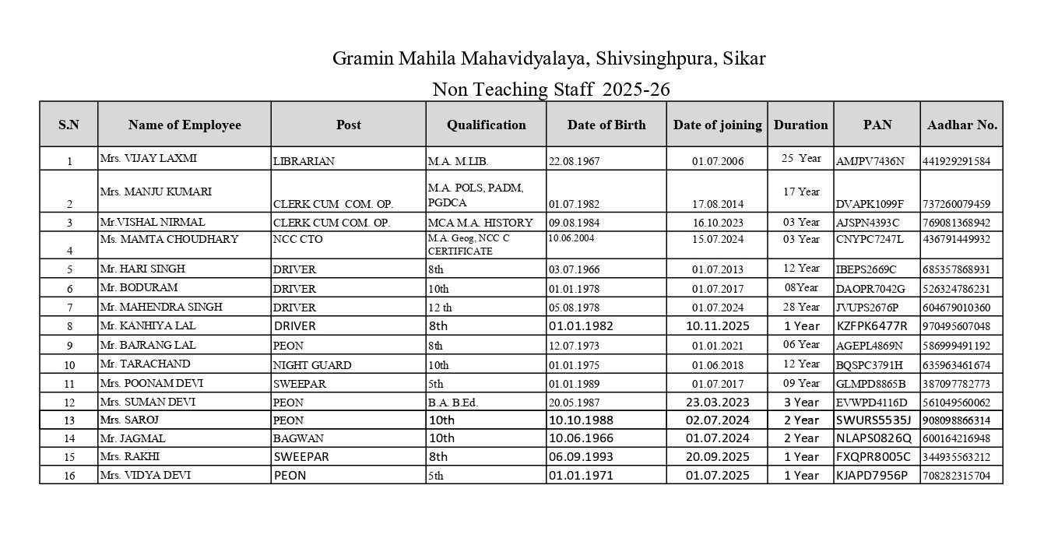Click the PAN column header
tap(877, 125)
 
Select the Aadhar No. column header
tap(961, 125)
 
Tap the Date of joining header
tap(717, 125)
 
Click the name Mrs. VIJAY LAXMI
tap(148, 158)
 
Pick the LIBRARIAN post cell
tap(304, 162)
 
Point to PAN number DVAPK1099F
tap(870, 204)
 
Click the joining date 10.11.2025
tap(717, 325)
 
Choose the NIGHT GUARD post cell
tap(311, 364)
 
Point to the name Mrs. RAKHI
tap(129, 456)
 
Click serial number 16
tap(69, 476)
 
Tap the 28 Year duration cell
tap(801, 307)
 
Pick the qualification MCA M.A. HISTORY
tap(480, 223)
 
